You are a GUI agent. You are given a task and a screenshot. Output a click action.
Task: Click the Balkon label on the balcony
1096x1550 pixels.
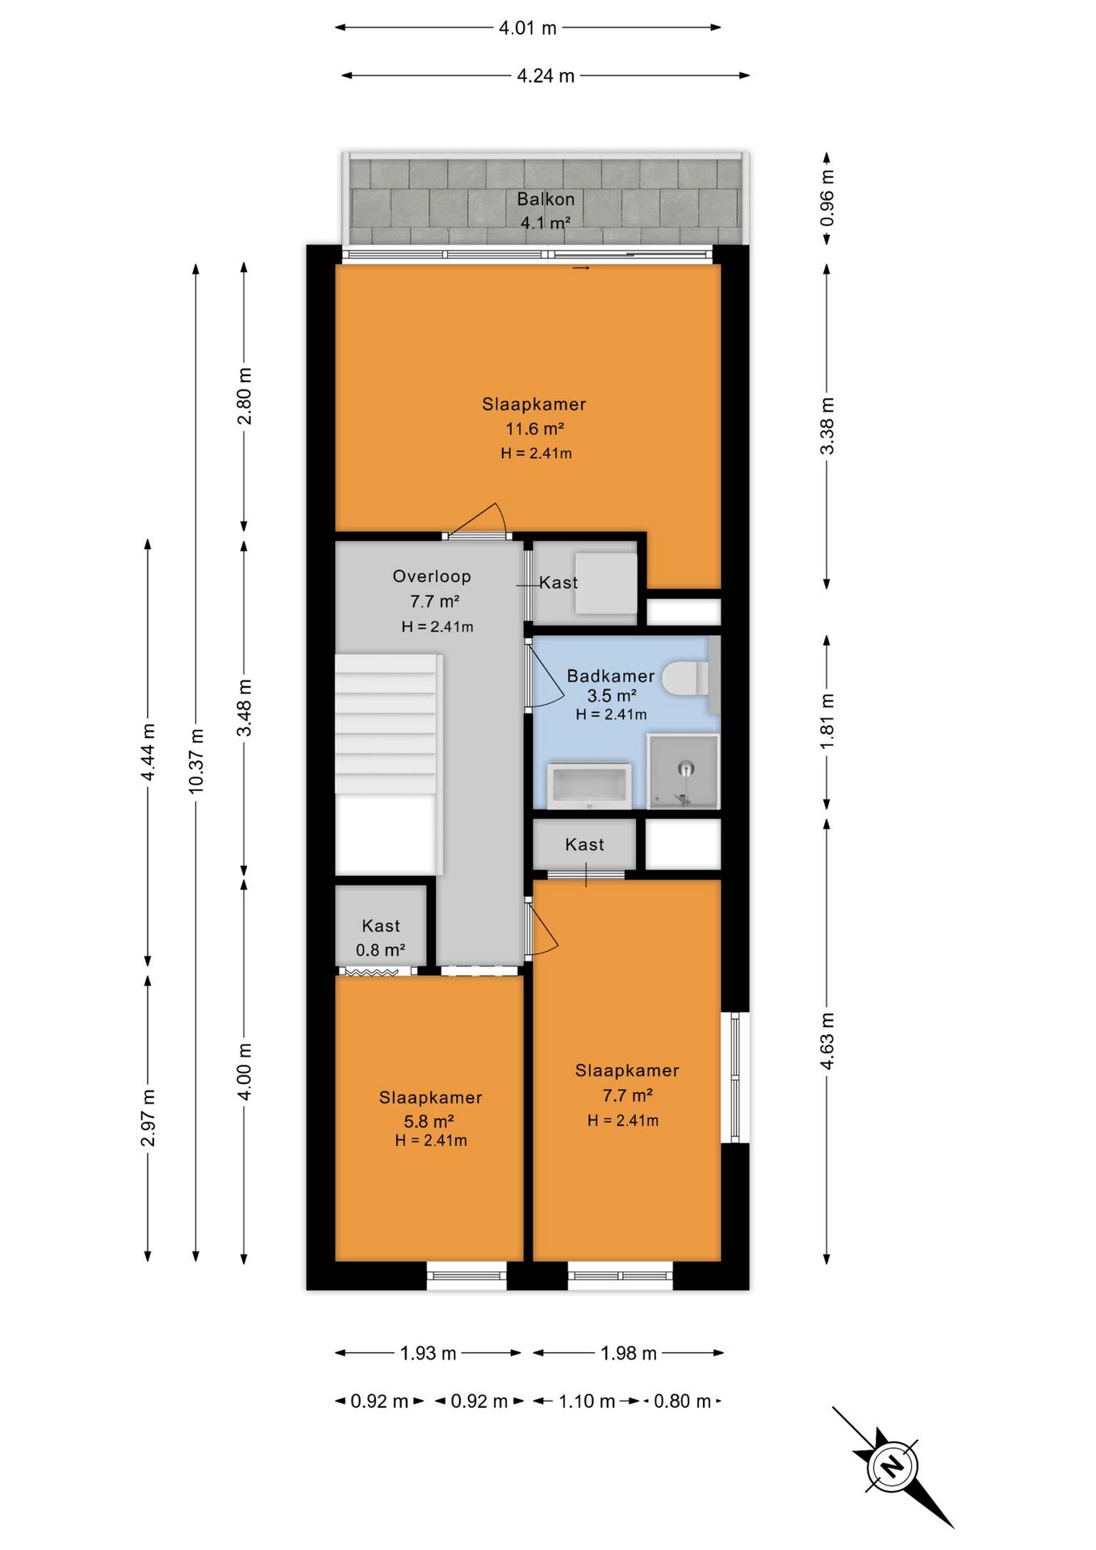(x=546, y=199)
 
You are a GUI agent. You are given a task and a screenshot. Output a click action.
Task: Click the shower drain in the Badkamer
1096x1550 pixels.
(x=686, y=768)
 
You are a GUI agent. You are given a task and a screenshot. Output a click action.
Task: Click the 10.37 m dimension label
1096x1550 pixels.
(x=195, y=760)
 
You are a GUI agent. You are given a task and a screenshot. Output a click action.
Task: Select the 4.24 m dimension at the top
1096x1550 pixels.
(x=546, y=75)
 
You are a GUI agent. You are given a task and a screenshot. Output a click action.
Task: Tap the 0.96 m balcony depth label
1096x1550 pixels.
(x=827, y=199)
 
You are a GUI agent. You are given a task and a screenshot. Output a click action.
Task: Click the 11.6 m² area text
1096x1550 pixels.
(x=534, y=428)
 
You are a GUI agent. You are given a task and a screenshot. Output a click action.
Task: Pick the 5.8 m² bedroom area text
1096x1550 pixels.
(x=429, y=1121)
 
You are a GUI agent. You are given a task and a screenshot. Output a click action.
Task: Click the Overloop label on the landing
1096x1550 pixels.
(x=432, y=576)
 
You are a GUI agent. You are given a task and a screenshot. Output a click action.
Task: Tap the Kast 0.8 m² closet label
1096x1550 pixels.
(x=380, y=938)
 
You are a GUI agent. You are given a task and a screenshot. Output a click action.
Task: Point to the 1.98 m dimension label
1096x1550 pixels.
(x=629, y=1353)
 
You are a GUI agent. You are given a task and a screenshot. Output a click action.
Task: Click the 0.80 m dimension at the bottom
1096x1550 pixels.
(x=683, y=1401)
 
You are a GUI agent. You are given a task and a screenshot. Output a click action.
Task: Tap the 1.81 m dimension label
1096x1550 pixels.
(x=827, y=721)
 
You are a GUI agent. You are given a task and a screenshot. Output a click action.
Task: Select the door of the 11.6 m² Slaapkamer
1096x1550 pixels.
(x=476, y=521)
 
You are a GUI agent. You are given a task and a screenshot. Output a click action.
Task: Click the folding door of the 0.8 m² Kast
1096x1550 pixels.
(x=372, y=971)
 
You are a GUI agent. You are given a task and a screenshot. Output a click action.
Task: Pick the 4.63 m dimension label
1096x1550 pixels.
(x=827, y=1041)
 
